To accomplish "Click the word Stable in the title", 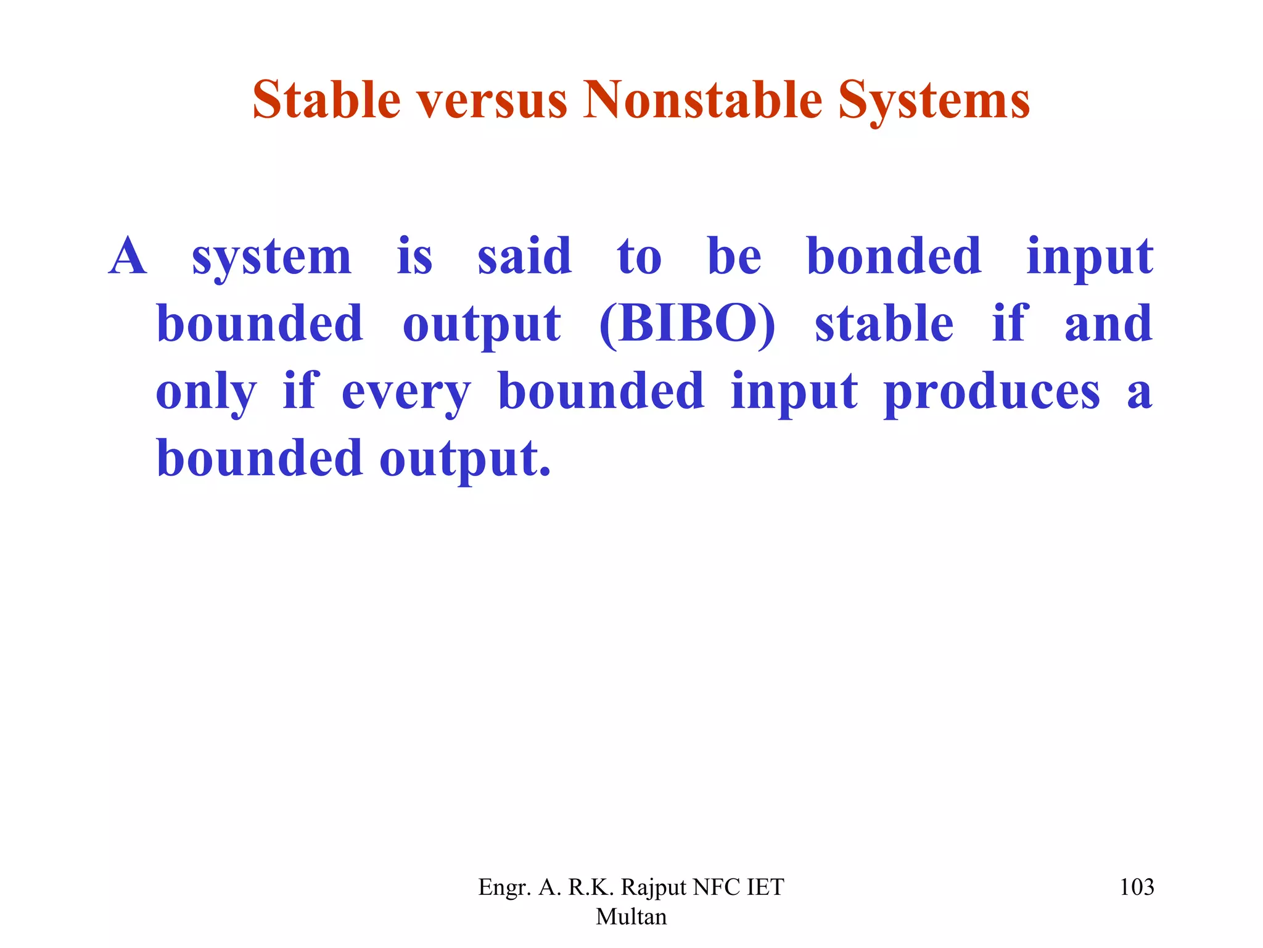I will coord(326,100).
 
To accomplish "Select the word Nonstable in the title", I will coord(702,100).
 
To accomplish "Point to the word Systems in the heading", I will coord(934,101).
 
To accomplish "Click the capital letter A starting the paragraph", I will coord(128,257).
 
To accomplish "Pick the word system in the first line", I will coord(271,258).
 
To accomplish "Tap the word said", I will coord(524,257).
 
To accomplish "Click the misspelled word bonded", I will coord(894,257).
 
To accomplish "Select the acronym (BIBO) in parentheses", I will coord(687,325).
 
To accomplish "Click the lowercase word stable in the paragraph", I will coord(884,325).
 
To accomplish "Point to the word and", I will coord(1108,325).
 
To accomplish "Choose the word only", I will coord(206,393).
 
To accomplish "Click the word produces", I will coord(992,393).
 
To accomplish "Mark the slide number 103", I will coord(1137,888).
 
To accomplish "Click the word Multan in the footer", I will coord(631,917).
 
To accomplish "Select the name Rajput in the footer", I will coord(653,888).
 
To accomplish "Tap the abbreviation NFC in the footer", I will coord(716,888).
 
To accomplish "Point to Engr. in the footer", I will coord(504,888).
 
